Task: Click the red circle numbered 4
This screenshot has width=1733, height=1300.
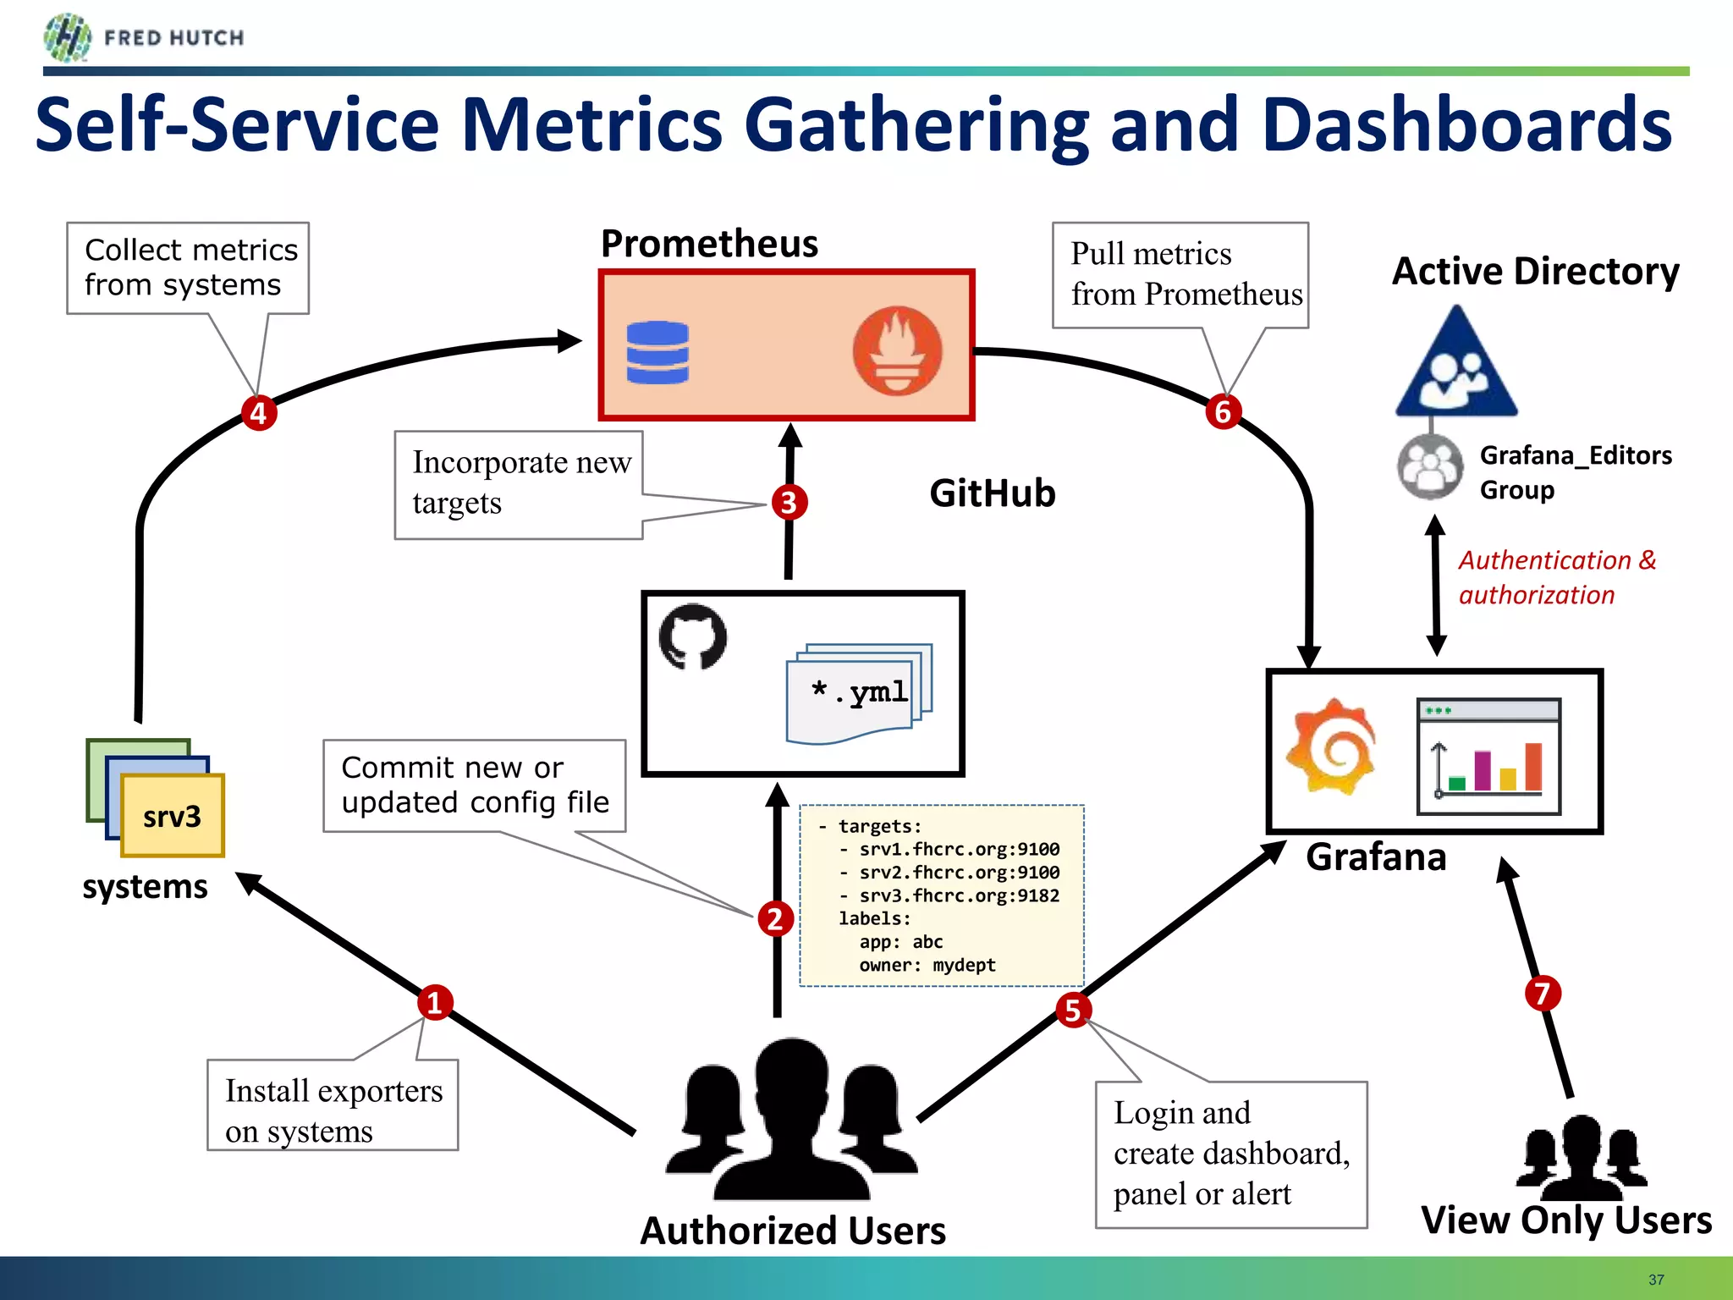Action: click(259, 413)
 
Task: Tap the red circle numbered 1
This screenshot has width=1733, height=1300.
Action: click(435, 1003)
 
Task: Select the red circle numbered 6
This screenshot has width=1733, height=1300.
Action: click(1223, 412)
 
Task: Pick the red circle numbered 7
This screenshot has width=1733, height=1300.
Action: click(1543, 994)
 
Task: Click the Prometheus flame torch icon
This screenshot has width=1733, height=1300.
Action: click(897, 350)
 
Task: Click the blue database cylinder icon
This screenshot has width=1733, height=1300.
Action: click(657, 353)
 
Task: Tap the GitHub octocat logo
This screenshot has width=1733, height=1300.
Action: click(693, 636)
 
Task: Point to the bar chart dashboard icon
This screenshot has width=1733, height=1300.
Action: click(1488, 756)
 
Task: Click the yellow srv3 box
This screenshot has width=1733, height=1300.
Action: click(173, 816)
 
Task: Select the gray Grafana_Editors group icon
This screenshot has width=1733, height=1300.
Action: click(1430, 466)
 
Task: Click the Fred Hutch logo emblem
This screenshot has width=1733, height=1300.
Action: click(68, 37)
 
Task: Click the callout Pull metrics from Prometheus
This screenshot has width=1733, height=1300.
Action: click(1180, 275)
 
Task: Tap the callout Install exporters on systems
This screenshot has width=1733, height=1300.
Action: click(333, 1105)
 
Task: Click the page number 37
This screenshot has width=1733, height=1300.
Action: click(1656, 1280)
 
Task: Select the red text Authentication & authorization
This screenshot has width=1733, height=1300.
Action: click(1555, 577)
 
